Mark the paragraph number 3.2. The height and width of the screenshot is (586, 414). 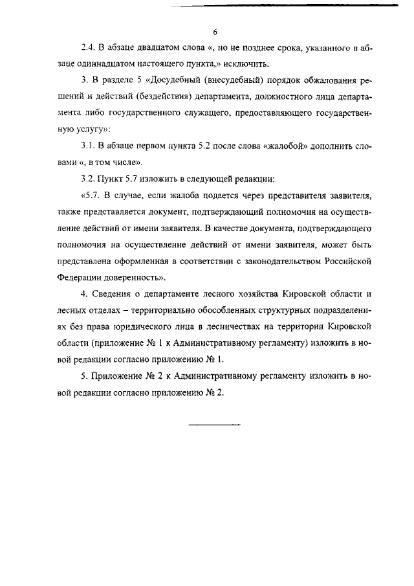pos(88,177)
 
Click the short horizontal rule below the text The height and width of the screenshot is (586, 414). pos(214,425)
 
